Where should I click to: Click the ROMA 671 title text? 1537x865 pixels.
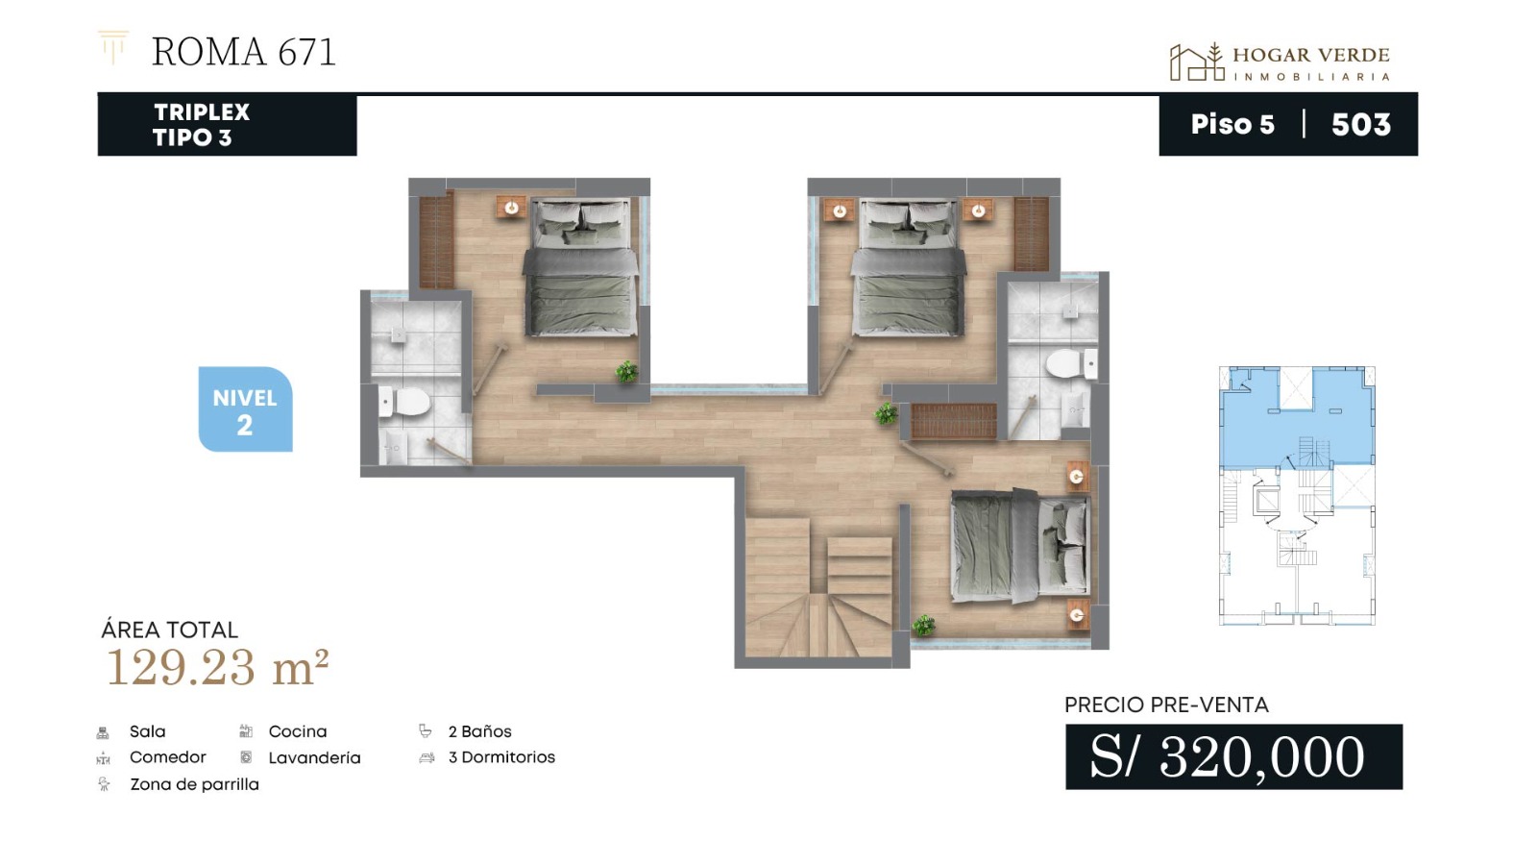click(244, 52)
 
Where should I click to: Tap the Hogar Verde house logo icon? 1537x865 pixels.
click(1197, 62)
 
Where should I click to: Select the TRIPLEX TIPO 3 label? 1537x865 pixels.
click(201, 124)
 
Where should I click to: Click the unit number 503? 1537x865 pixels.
click(1360, 124)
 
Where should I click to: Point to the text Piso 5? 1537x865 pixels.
click(1232, 124)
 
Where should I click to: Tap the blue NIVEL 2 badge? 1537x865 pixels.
click(246, 409)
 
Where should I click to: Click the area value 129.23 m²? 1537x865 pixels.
click(217, 667)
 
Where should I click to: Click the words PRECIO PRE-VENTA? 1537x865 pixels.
click(1166, 704)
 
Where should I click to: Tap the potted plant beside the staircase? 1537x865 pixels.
click(923, 625)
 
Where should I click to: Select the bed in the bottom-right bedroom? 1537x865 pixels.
click(1020, 546)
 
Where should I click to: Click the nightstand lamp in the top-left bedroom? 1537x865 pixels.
click(511, 207)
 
